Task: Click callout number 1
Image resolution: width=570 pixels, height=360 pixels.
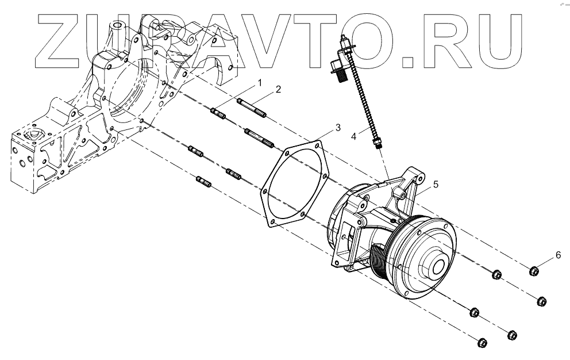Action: click(x=259, y=83)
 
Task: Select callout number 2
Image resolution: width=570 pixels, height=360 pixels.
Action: click(x=278, y=89)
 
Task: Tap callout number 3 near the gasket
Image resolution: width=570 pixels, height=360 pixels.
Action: click(x=338, y=126)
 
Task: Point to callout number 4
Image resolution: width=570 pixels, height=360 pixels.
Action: click(x=354, y=136)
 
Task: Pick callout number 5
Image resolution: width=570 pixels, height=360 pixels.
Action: click(x=436, y=184)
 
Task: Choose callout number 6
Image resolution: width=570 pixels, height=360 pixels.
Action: click(x=557, y=254)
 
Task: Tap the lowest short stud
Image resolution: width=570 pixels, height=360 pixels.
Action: click(x=204, y=182)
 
